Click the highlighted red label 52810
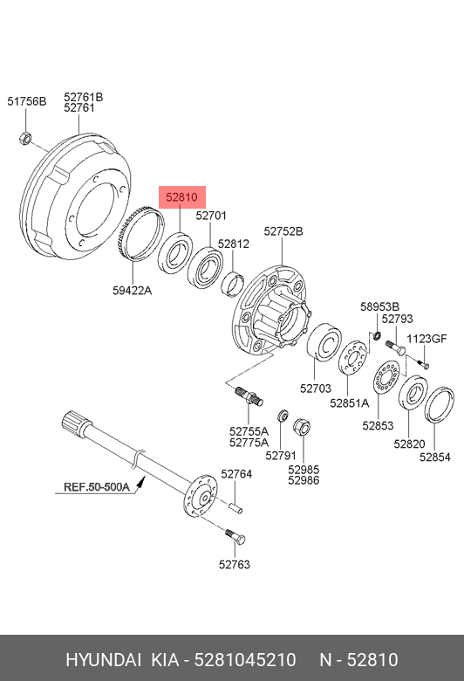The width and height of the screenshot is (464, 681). (x=182, y=197)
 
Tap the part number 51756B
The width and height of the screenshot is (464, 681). (x=26, y=101)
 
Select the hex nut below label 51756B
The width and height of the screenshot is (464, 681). (x=25, y=139)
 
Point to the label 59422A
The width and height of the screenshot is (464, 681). (x=132, y=291)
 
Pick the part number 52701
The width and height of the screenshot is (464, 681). (x=211, y=216)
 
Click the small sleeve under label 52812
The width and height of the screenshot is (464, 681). (x=232, y=283)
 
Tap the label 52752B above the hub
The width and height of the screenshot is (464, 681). (x=283, y=231)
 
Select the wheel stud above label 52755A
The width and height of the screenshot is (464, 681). (x=249, y=397)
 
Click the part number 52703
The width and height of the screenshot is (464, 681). (x=316, y=389)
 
